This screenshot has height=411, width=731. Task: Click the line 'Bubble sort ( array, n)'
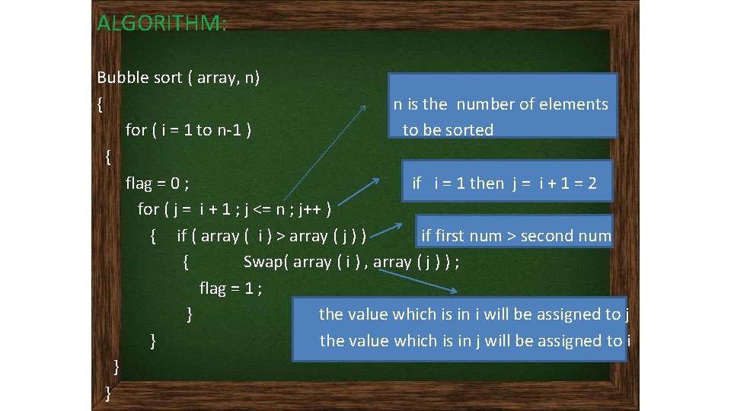tap(178, 78)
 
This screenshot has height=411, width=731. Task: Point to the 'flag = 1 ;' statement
tap(231, 288)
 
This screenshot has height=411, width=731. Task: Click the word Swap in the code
tap(266, 262)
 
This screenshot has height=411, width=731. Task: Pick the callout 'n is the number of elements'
tap(501, 104)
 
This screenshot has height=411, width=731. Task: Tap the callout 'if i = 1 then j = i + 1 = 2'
tap(504, 183)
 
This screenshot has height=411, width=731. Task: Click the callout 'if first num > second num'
tap(516, 236)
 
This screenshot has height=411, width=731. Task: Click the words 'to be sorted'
tap(448, 130)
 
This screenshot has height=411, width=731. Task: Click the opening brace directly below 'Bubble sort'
tap(101, 104)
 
